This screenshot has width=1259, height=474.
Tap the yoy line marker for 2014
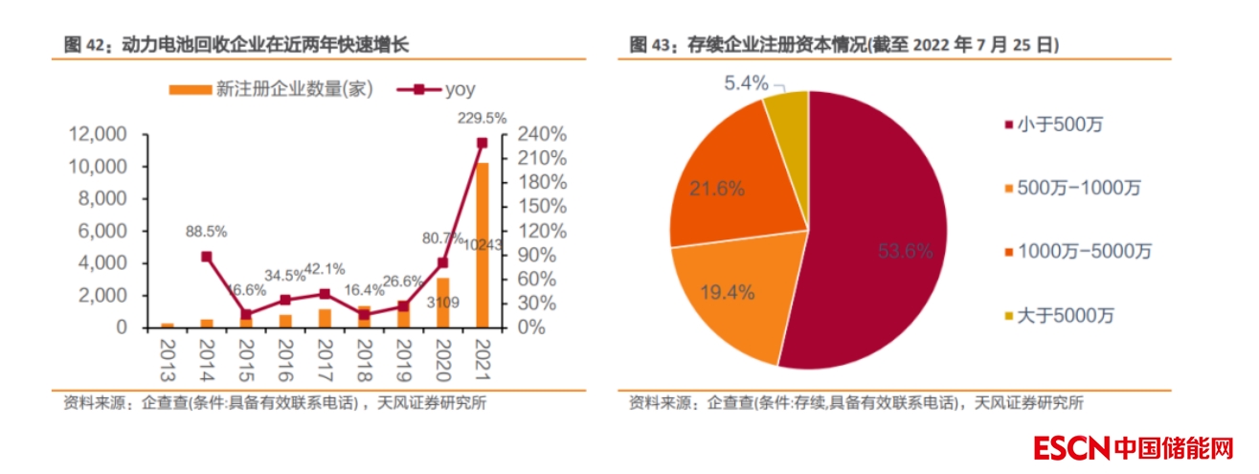tap(207, 257)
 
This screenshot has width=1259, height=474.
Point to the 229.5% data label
tap(479, 118)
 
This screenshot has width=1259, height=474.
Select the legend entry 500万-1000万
tap(1077, 188)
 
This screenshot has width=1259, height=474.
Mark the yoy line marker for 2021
tap(482, 143)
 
